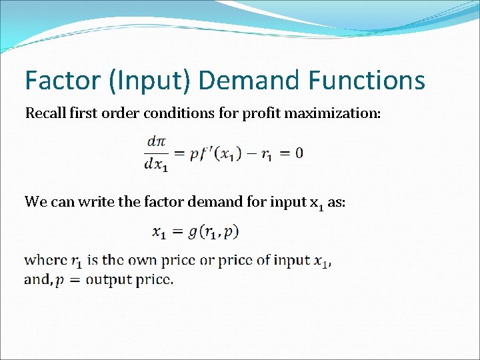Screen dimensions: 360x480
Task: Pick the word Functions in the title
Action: point(366,81)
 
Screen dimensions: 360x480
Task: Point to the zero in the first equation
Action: point(299,153)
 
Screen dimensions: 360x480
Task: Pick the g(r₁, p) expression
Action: point(213,232)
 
